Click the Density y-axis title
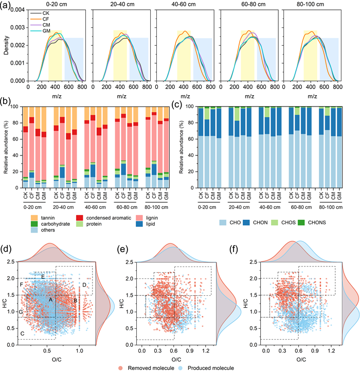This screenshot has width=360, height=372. pos(6,45)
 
